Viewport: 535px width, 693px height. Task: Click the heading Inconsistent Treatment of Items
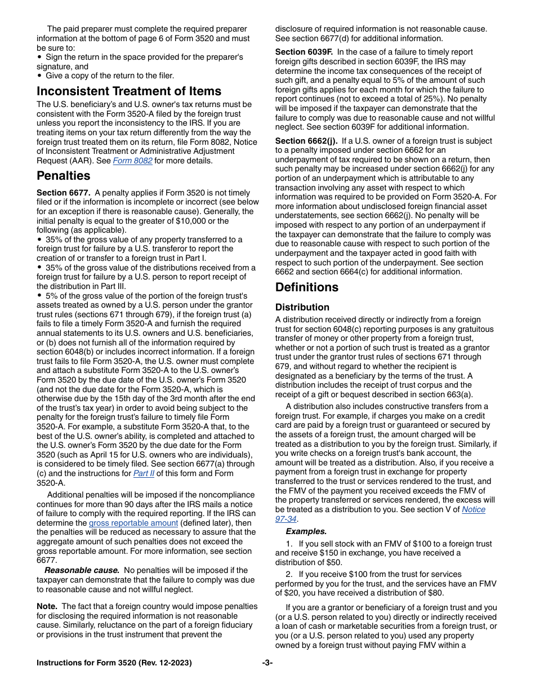129,91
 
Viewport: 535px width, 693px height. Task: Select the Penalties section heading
64,176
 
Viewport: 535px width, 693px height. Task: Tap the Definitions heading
306,287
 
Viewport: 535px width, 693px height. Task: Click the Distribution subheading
302,308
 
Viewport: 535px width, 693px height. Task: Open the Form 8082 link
132,161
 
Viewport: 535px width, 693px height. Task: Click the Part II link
144,474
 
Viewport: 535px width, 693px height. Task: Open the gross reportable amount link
133,523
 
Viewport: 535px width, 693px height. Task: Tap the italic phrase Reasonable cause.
82,570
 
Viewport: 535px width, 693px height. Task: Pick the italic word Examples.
306,531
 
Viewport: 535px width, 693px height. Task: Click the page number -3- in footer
267,663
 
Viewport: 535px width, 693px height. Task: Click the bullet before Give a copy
39,75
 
